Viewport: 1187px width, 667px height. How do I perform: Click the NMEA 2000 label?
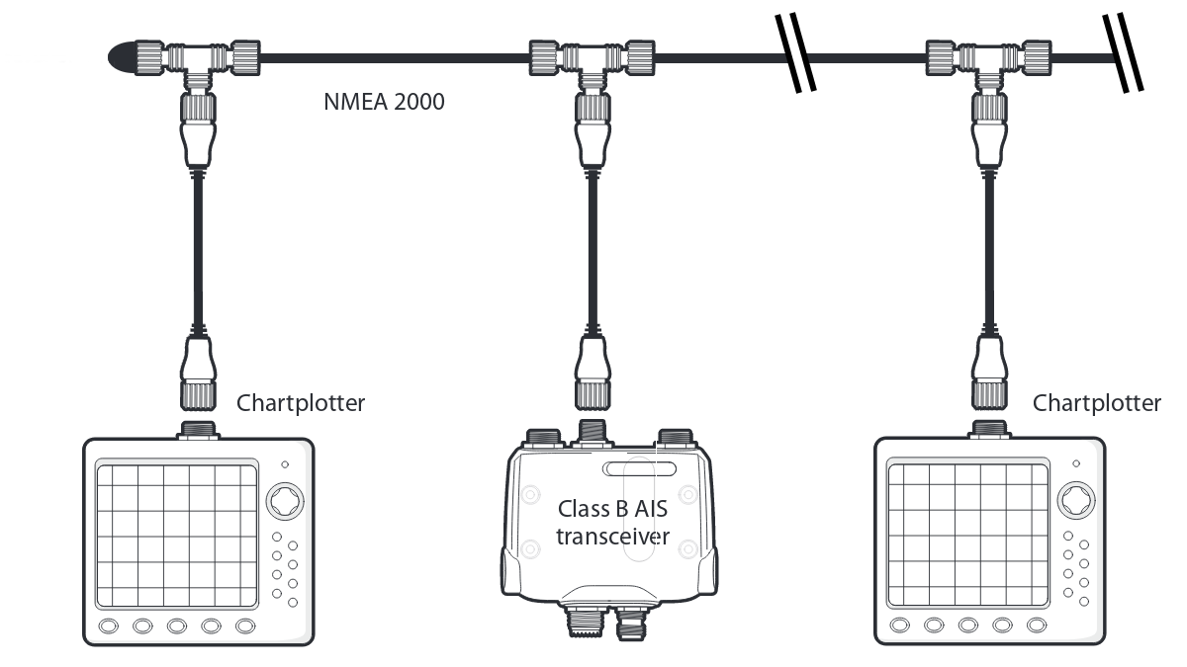(x=384, y=101)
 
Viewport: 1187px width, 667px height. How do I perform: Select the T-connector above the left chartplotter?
(x=197, y=59)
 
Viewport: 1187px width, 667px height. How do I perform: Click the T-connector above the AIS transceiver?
(x=592, y=59)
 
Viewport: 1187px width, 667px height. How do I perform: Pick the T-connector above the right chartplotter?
(x=987, y=59)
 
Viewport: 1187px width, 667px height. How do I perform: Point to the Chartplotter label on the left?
(x=301, y=403)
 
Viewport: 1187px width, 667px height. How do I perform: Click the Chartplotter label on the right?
(x=1096, y=403)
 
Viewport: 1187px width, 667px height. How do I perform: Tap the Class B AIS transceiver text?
(x=612, y=523)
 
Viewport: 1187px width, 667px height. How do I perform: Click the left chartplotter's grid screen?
(x=176, y=535)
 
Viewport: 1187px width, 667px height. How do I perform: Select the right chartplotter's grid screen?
(x=967, y=535)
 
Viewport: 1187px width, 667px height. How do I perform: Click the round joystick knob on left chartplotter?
(x=284, y=500)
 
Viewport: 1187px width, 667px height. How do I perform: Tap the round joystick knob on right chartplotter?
(x=1075, y=500)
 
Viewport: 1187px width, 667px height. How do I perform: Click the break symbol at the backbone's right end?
(x=1125, y=56)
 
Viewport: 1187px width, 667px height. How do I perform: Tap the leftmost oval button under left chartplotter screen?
(x=109, y=625)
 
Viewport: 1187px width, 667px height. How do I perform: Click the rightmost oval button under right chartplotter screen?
(x=1036, y=625)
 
